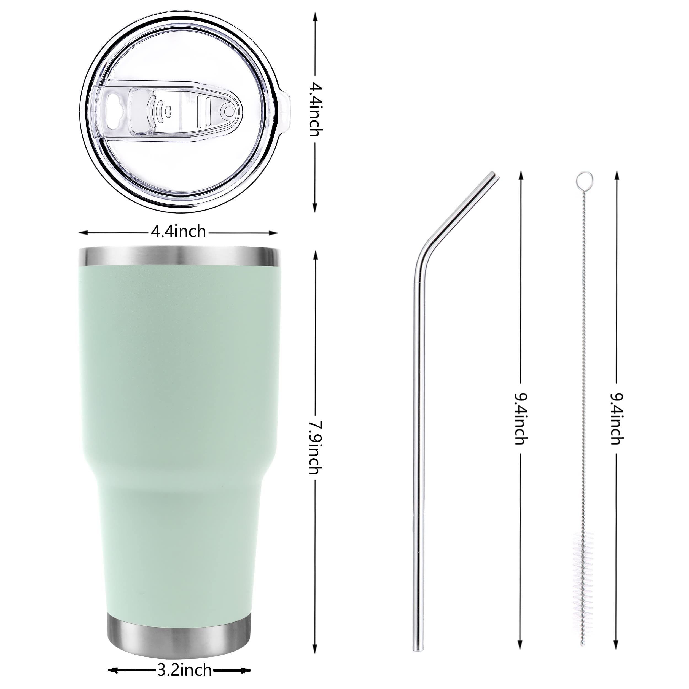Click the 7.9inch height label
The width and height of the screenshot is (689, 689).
(316, 448)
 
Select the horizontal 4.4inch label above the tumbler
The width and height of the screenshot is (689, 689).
(178, 232)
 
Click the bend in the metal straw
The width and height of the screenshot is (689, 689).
(424, 255)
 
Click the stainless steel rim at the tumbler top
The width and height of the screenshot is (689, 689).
(179, 256)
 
